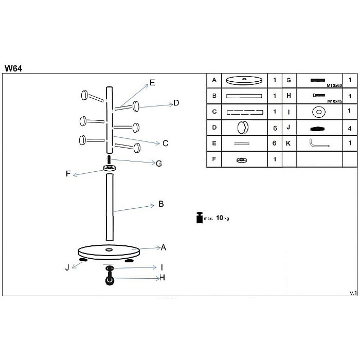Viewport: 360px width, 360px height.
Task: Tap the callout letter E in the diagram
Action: (x=152, y=82)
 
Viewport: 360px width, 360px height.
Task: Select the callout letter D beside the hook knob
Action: (x=176, y=103)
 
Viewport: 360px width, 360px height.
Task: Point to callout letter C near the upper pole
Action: (x=166, y=143)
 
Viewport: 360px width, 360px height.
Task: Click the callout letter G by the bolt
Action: (x=159, y=164)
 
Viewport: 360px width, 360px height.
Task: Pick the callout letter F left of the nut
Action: (x=68, y=174)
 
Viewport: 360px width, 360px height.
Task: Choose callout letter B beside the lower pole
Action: (x=161, y=204)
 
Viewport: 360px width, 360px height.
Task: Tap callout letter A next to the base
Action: (x=164, y=247)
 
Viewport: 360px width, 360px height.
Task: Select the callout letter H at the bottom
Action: (x=161, y=278)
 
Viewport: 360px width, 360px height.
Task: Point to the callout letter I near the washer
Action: (x=161, y=267)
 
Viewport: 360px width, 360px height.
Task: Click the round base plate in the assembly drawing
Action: (x=109, y=252)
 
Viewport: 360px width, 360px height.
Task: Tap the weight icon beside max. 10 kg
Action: (x=199, y=218)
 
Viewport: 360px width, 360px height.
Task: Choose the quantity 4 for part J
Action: (x=350, y=127)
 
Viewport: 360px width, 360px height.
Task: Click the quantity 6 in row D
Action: (x=275, y=128)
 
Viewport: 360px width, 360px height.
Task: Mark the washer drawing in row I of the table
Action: (x=319, y=112)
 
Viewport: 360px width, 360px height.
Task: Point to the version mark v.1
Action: (x=353, y=293)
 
